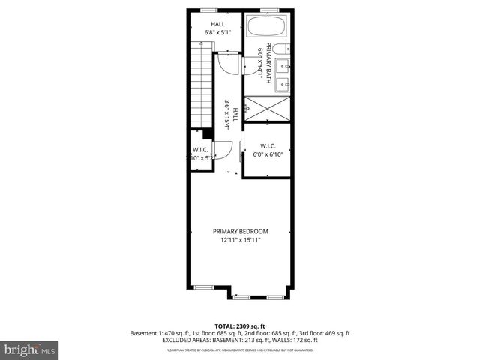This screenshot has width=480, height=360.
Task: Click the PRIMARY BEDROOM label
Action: (240, 231)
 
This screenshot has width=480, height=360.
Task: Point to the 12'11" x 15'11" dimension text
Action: (240, 241)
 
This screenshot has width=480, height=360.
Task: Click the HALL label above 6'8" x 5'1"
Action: (217, 24)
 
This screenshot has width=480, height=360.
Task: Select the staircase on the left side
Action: (202, 86)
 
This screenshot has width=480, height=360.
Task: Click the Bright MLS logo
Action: (31, 349)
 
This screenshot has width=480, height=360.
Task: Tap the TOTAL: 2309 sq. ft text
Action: (240, 325)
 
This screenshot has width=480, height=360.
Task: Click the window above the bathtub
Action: (268, 10)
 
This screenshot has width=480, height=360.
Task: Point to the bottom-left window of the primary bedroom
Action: (203, 287)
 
